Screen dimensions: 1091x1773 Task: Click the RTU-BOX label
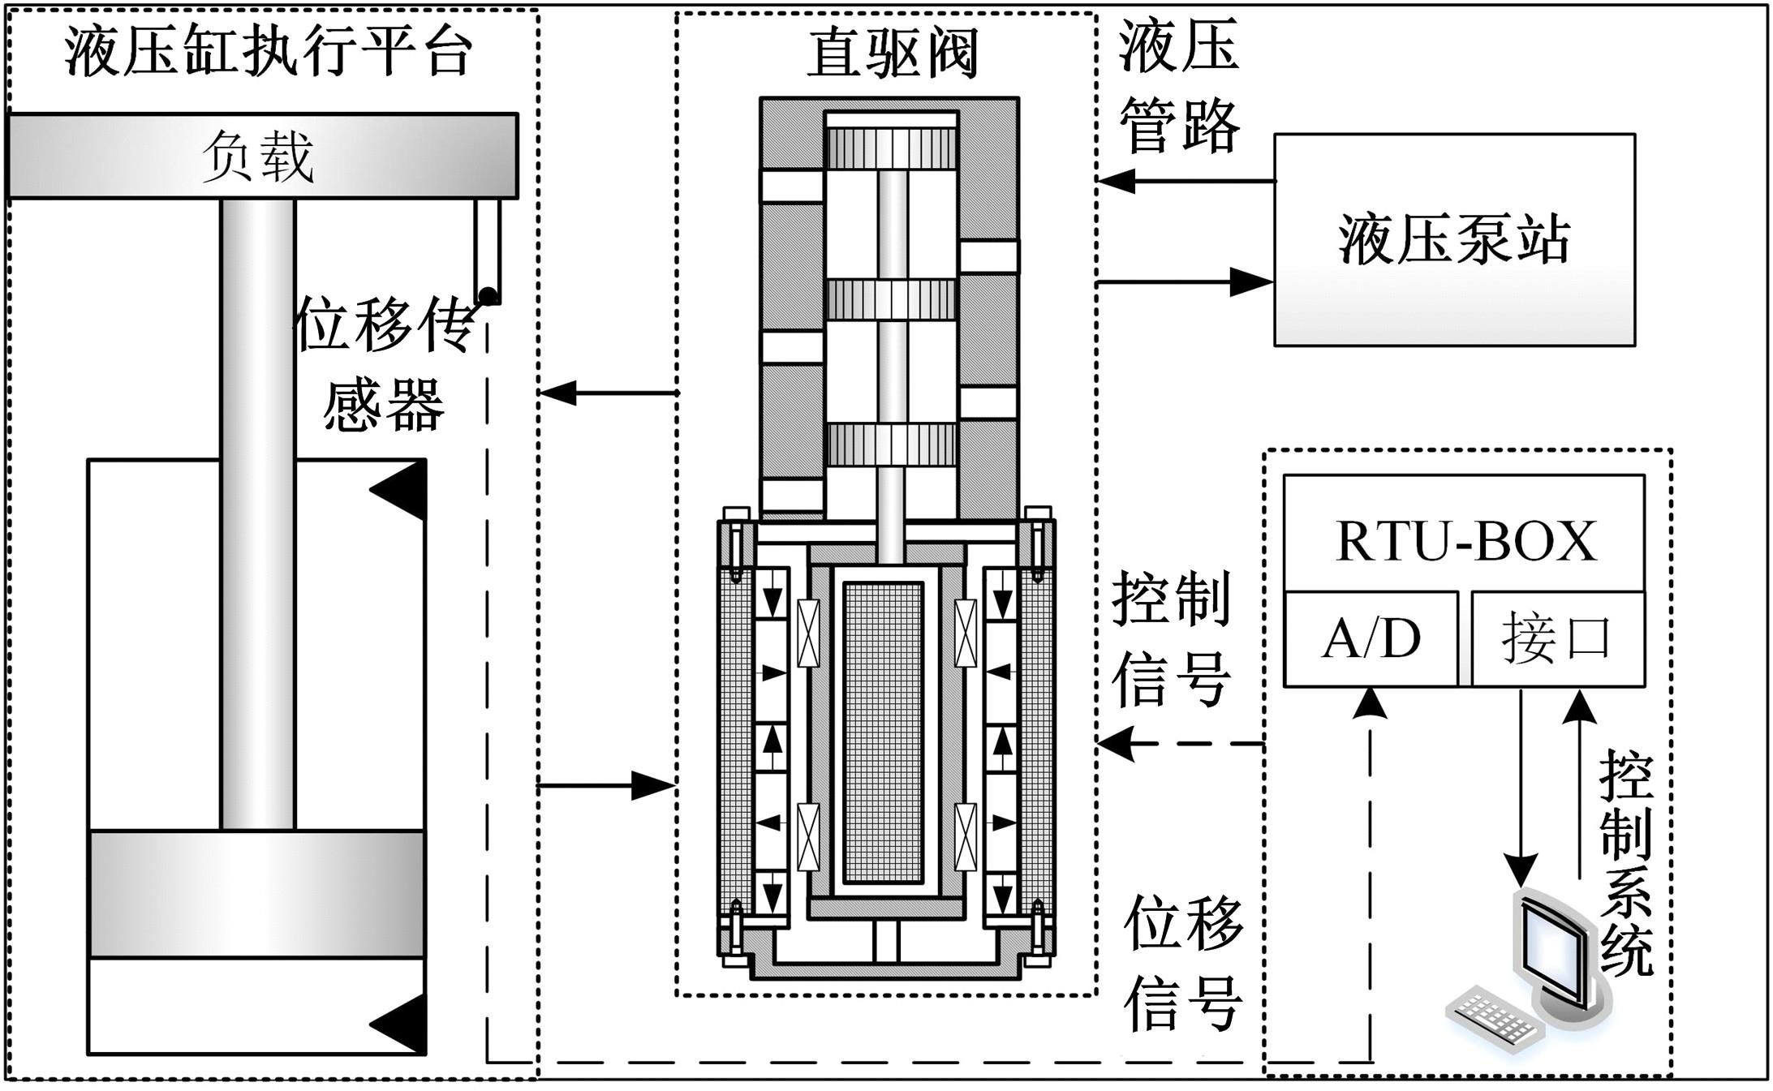click(1465, 540)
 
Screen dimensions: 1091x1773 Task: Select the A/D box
click(1371, 639)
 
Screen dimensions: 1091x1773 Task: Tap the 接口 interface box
click(1557, 639)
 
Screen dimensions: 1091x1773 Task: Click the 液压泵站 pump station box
click(1454, 240)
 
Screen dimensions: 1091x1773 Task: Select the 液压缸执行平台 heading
click(268, 54)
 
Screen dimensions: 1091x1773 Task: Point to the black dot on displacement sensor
click(488, 295)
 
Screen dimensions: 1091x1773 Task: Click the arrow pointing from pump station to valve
click(1116, 180)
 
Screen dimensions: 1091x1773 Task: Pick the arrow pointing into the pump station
click(1252, 282)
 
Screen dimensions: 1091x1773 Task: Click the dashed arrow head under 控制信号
click(1116, 743)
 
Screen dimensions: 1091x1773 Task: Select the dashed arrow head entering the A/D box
click(1371, 702)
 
